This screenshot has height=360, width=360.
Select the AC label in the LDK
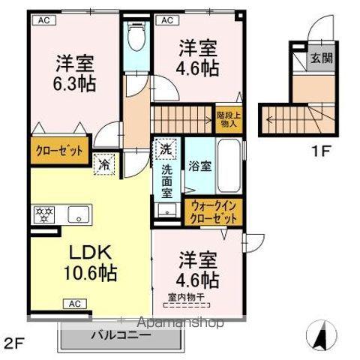coord(75,303)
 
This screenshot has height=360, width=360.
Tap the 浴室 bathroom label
coord(199,166)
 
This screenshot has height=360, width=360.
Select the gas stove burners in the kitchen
coord(43,215)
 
